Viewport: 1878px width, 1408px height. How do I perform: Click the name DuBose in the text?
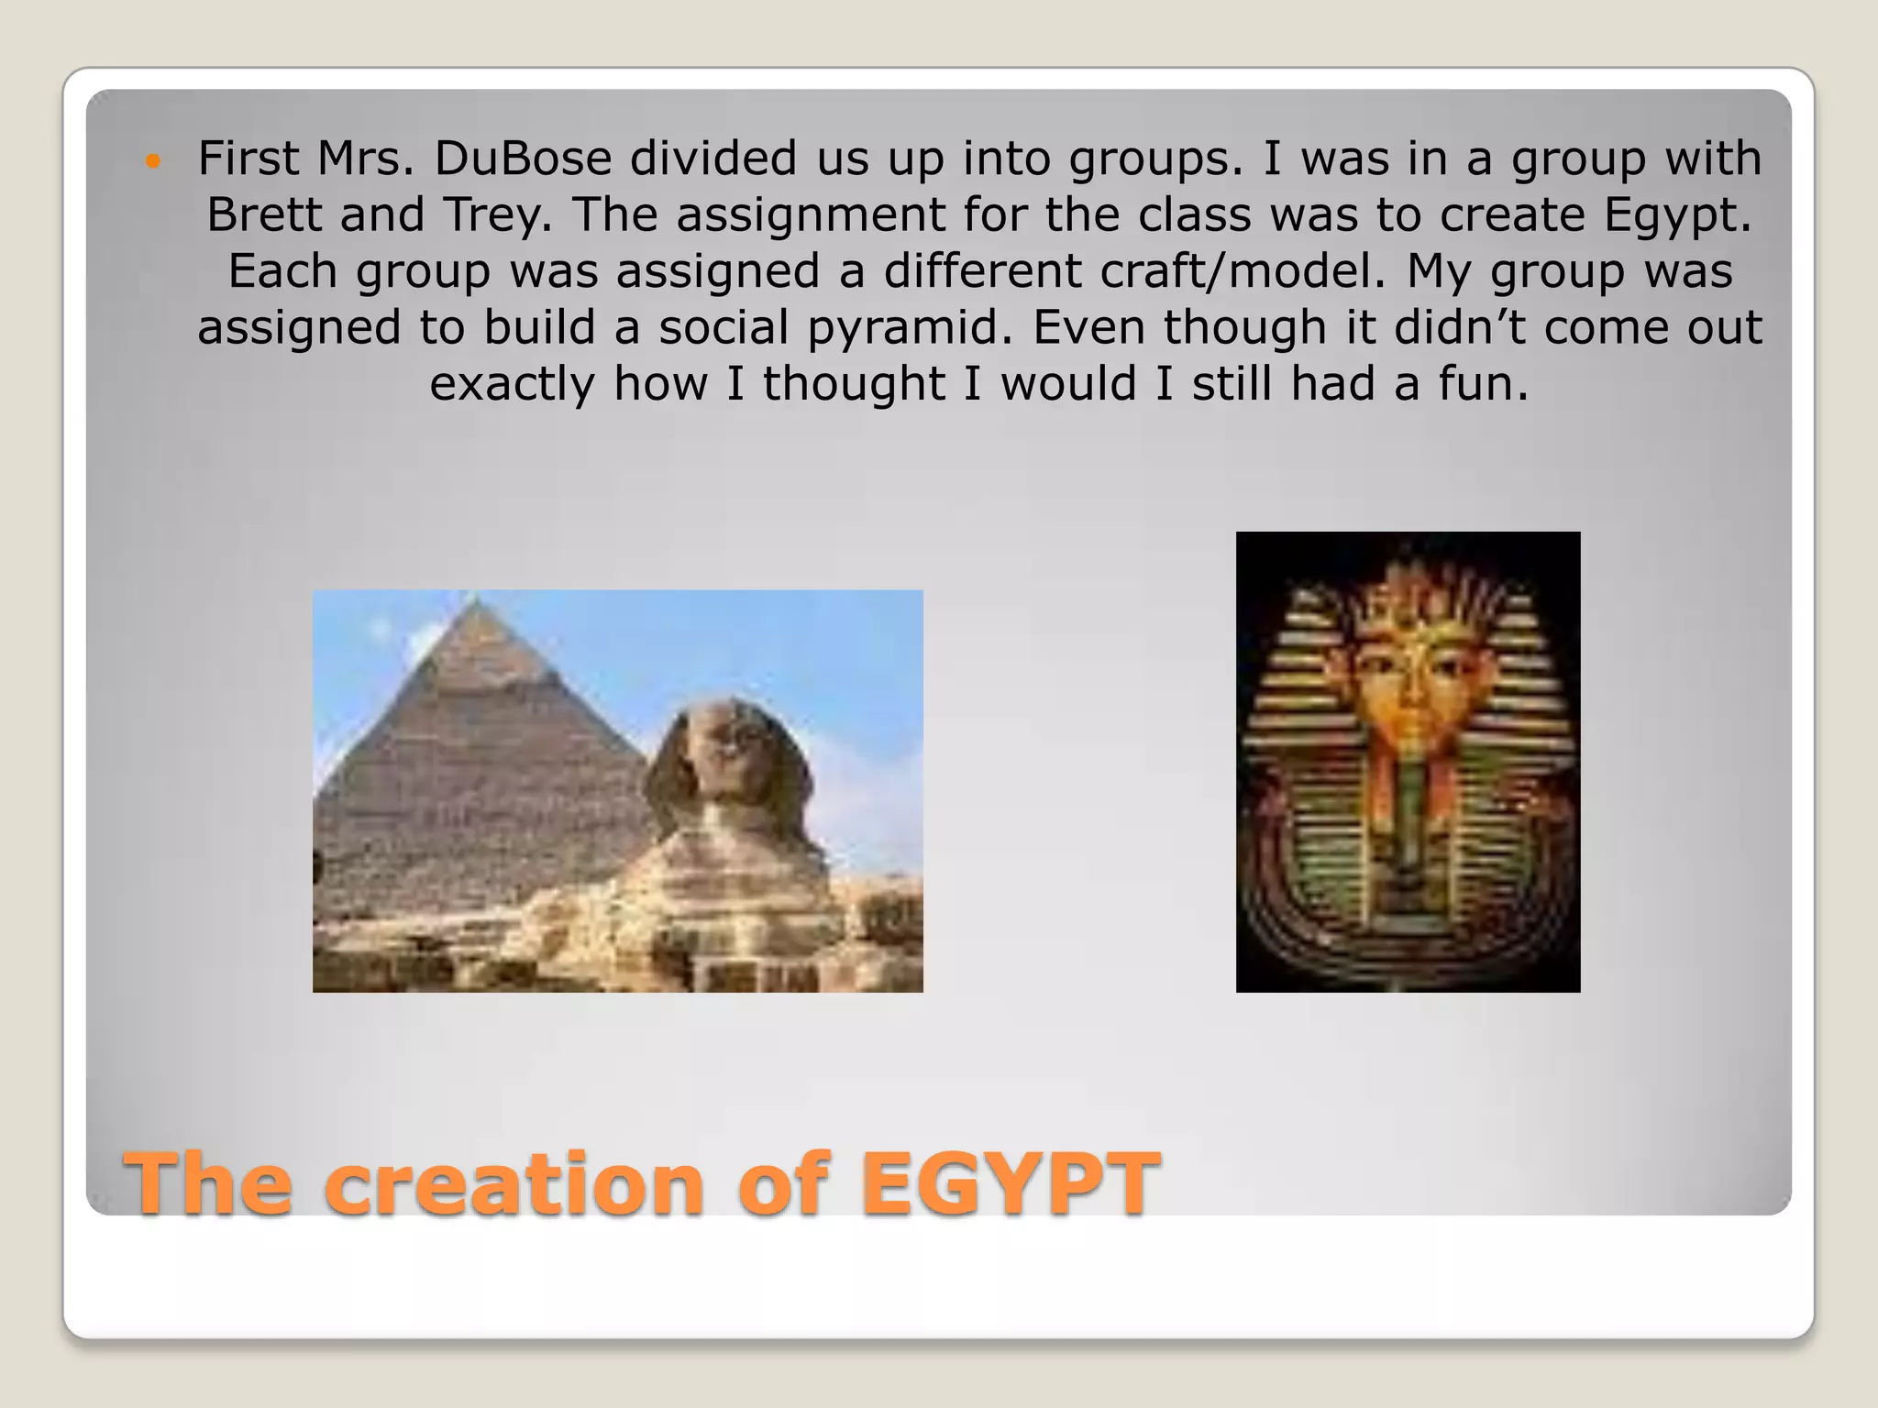522,158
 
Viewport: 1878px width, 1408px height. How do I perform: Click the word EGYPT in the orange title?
1010,1182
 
